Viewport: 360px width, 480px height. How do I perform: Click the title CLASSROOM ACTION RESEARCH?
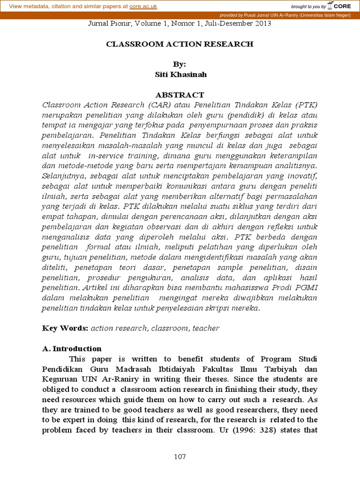[180, 44]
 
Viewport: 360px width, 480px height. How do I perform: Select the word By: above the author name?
[180, 65]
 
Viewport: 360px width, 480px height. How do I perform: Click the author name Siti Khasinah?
[180, 74]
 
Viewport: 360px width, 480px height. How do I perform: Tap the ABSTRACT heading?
[180, 95]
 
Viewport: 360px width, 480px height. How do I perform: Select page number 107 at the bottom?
[180, 457]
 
